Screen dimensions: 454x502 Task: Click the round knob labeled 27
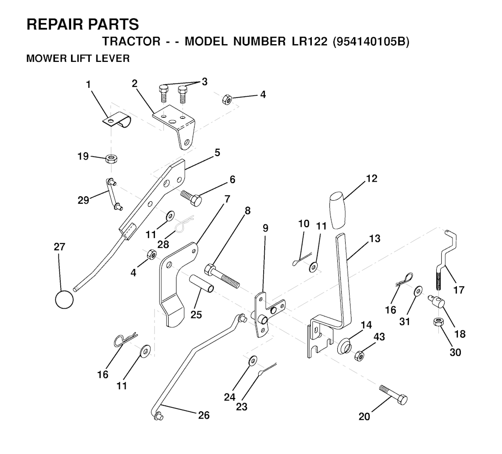coord(64,299)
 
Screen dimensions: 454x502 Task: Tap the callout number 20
coord(364,417)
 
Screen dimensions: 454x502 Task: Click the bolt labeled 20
coord(393,395)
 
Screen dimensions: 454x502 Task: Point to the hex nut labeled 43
coord(359,355)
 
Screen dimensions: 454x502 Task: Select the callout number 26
coord(204,415)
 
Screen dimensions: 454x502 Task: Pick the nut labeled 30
coord(439,323)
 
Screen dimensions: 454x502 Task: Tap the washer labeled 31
coord(417,291)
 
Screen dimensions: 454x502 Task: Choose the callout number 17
coord(458,290)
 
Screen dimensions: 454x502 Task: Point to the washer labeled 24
coord(252,361)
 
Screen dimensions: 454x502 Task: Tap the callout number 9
coord(265,228)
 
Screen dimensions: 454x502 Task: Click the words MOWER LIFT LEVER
coord(77,59)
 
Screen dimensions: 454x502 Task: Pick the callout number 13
coord(375,239)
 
